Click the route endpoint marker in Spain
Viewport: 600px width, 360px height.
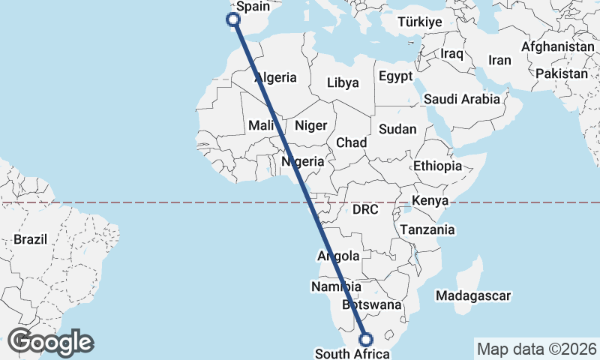233,20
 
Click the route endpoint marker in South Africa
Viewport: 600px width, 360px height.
367,339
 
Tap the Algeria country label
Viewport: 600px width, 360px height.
275,77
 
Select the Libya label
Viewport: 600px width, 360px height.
343,82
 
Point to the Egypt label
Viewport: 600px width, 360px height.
395,76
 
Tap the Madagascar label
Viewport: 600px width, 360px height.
472,296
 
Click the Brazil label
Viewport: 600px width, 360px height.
30,240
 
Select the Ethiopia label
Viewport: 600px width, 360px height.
437,166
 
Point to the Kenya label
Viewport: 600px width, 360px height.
430,201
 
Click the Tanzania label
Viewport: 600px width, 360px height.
427,229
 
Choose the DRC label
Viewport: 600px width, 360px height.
367,209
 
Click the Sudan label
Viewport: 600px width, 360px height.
397,129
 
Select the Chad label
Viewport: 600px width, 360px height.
351,142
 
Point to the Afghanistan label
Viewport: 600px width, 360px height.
557,46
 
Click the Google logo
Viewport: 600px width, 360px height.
50,342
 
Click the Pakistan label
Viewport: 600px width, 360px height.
562,73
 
